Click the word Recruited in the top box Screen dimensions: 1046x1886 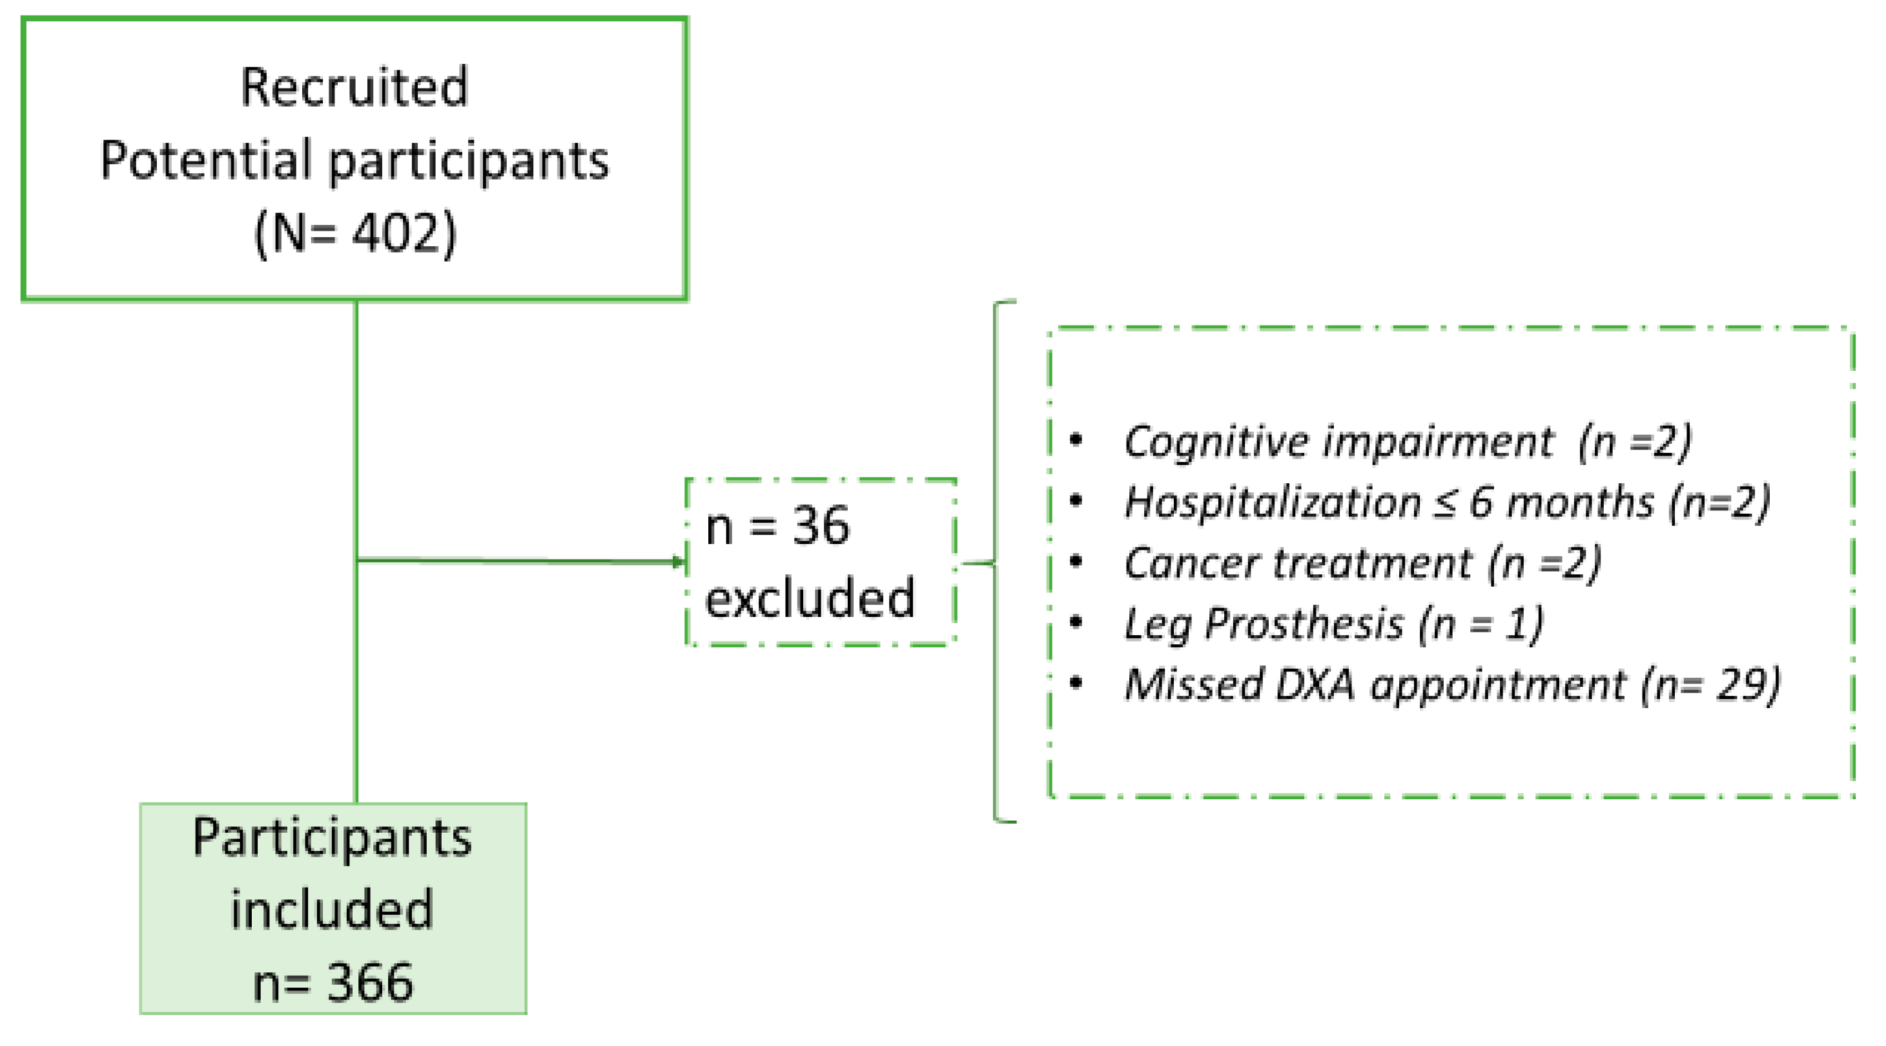pos(354,87)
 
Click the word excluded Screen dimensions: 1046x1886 pos(810,598)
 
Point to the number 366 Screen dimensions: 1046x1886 pos(370,983)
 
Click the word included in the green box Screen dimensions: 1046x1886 pos(333,910)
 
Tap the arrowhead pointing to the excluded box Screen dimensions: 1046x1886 pos(678,562)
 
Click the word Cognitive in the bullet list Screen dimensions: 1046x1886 pos(1215,443)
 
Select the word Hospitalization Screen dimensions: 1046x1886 pos(1273,503)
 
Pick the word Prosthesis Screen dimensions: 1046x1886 pos(1303,624)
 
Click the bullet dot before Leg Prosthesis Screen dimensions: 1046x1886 pos(1076,623)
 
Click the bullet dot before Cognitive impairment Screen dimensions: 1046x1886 pos(1076,440)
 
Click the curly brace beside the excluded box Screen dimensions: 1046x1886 pos(996,562)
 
